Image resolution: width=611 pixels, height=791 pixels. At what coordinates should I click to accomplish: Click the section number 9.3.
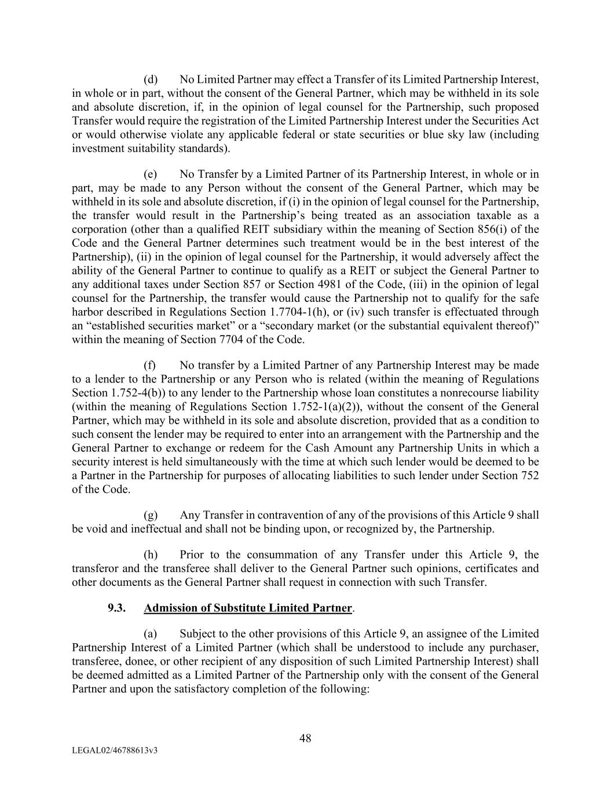point(116,608)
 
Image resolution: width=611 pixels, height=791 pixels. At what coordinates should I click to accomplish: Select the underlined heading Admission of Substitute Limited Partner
point(248,608)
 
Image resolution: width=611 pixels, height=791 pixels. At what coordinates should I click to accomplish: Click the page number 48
point(305,738)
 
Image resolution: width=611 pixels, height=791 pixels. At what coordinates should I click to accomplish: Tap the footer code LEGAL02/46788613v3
point(115,750)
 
